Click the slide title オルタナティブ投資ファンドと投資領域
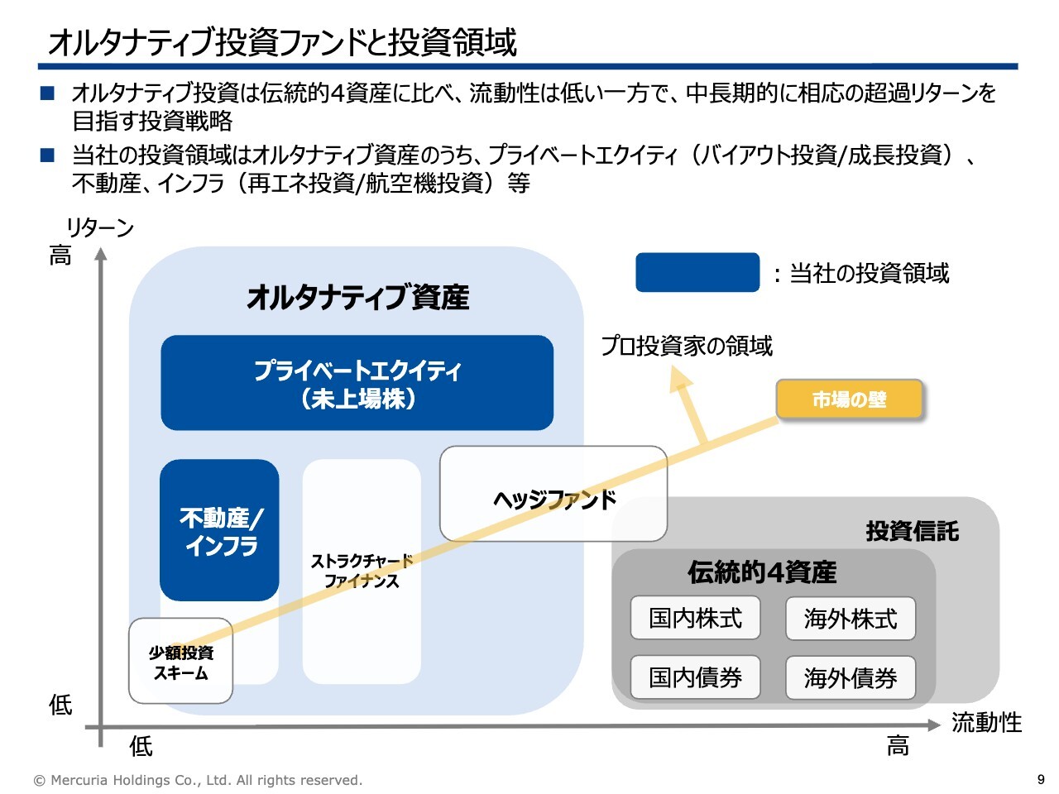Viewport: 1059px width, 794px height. [282, 41]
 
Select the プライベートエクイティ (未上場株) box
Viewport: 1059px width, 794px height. [357, 383]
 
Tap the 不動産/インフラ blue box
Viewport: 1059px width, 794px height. [219, 530]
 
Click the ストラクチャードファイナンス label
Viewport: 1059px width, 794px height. [362, 571]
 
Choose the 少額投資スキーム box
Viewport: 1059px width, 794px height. [180, 662]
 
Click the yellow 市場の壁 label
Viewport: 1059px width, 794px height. [849, 400]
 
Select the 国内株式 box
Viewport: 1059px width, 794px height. [695, 618]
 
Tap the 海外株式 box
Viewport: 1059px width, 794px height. [851, 619]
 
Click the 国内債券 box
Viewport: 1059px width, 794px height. [695, 677]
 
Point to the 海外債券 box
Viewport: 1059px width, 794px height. [851, 678]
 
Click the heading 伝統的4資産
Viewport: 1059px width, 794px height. [762, 572]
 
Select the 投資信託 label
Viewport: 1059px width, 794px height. [912, 531]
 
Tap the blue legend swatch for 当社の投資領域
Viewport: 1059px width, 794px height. [697, 272]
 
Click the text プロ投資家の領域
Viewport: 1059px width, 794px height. [687, 346]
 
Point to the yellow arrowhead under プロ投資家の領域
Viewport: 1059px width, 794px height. [681, 379]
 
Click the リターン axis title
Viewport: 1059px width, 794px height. [99, 227]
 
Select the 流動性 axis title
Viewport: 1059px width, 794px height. [986, 722]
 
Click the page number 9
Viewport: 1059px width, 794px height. [1041, 779]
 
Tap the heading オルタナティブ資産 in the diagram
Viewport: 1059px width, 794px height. [357, 297]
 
